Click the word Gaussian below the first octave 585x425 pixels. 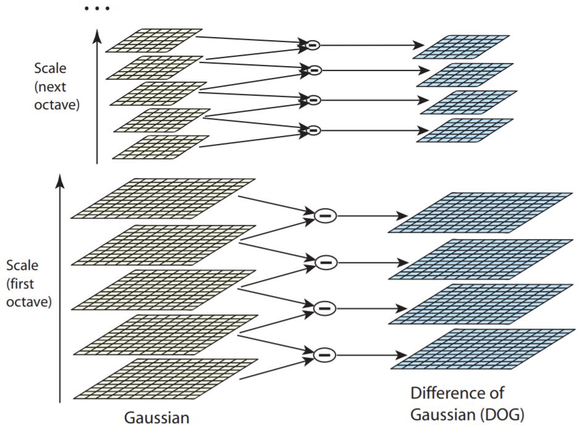157,417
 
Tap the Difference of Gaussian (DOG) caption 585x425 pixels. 465,402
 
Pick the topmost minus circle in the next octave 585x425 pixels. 313,44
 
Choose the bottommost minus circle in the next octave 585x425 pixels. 313,130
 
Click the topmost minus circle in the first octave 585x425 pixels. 324,216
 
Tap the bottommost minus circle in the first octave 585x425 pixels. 324,355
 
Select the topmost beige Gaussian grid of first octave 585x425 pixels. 163,198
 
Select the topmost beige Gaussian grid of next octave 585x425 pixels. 154,40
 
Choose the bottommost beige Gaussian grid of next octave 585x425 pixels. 161,147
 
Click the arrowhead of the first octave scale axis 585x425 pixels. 60,179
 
